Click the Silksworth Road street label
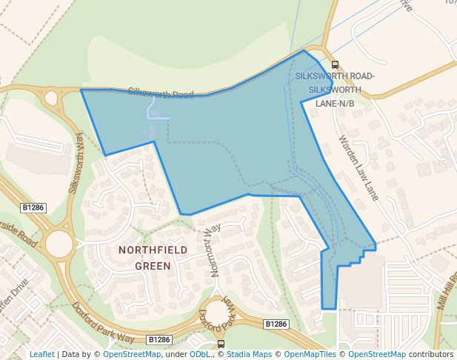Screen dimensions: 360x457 pyautogui.click(x=160, y=94)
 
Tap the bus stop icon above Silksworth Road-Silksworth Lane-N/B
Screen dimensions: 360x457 pyautogui.click(x=335, y=65)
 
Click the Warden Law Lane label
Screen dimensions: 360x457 pyautogui.click(x=358, y=167)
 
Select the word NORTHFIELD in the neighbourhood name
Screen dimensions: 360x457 pyautogui.click(x=153, y=250)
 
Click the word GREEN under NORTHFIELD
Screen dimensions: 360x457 pyautogui.click(x=153, y=266)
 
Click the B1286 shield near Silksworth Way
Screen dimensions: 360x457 pyautogui.click(x=33, y=208)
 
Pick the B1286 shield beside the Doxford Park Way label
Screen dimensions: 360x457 pyautogui.click(x=159, y=339)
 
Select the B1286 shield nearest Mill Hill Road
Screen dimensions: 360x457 pyautogui.click(x=276, y=324)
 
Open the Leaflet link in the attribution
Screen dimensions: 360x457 pyautogui.click(x=41, y=355)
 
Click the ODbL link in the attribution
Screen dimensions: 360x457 pyautogui.click(x=200, y=355)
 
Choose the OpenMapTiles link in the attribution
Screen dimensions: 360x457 pyautogui.click(x=312, y=355)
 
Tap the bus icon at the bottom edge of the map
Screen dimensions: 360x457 pyautogui.click(x=221, y=344)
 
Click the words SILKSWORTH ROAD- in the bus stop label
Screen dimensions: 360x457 pyautogui.click(x=335, y=77)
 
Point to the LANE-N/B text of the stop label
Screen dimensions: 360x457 pyautogui.click(x=335, y=103)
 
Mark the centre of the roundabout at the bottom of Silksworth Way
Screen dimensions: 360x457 pyautogui.click(x=59, y=243)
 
